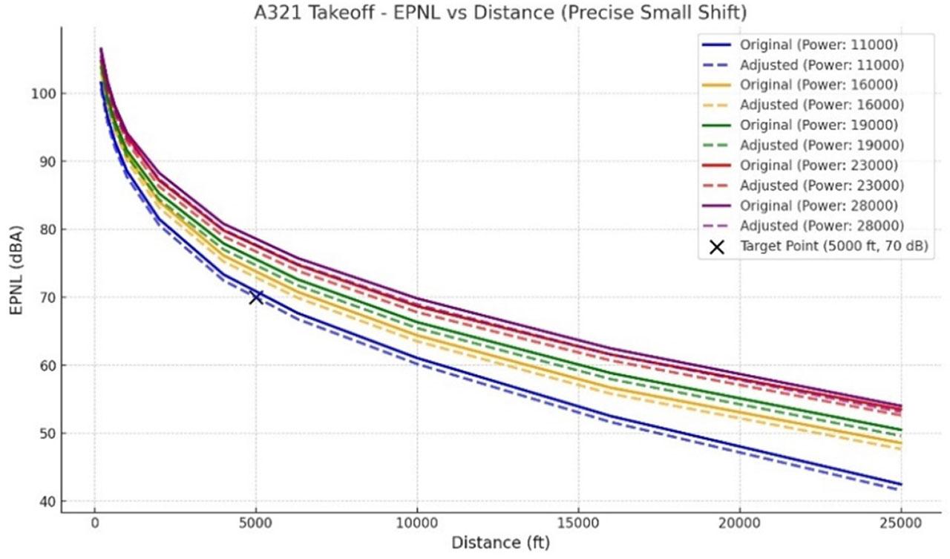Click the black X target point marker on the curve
(256, 297)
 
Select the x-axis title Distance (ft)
(501, 543)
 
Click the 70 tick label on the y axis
(46, 297)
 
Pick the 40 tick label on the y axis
(46, 501)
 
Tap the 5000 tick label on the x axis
(255, 523)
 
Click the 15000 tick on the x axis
(578, 523)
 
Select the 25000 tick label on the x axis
(901, 523)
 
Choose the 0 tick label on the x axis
(94, 523)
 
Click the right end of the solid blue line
(901, 484)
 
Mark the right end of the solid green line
(901, 430)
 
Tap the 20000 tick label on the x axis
(740, 523)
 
